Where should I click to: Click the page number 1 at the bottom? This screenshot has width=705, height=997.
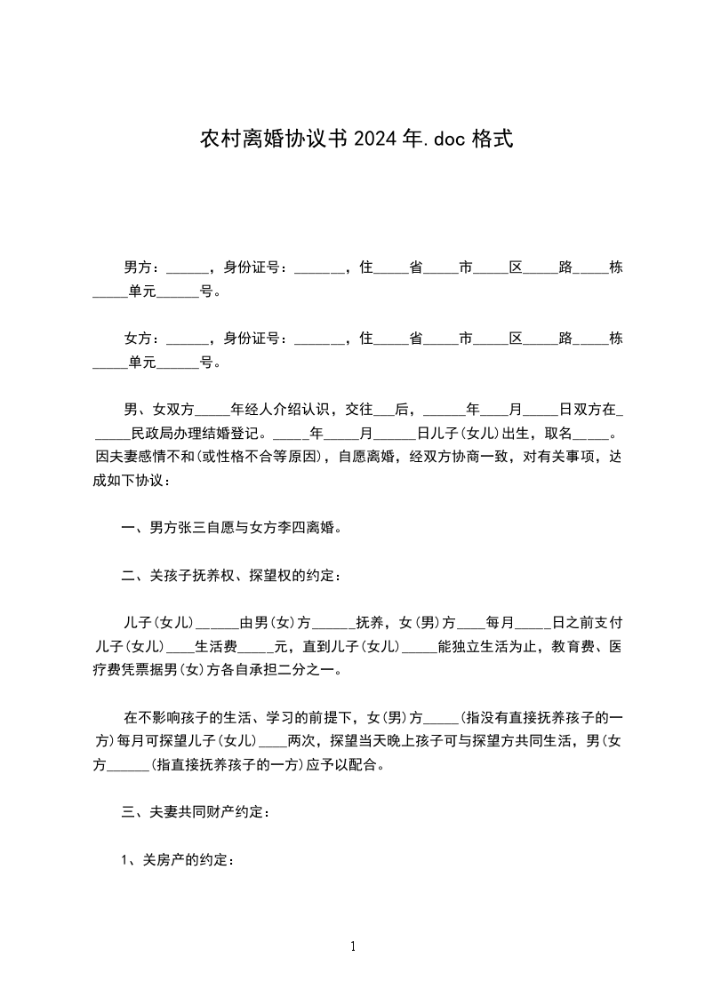point(353,947)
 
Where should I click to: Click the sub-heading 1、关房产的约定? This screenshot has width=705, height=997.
point(178,860)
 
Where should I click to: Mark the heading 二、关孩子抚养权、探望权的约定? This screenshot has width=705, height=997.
point(230,576)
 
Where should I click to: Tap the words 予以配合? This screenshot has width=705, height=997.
point(350,765)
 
